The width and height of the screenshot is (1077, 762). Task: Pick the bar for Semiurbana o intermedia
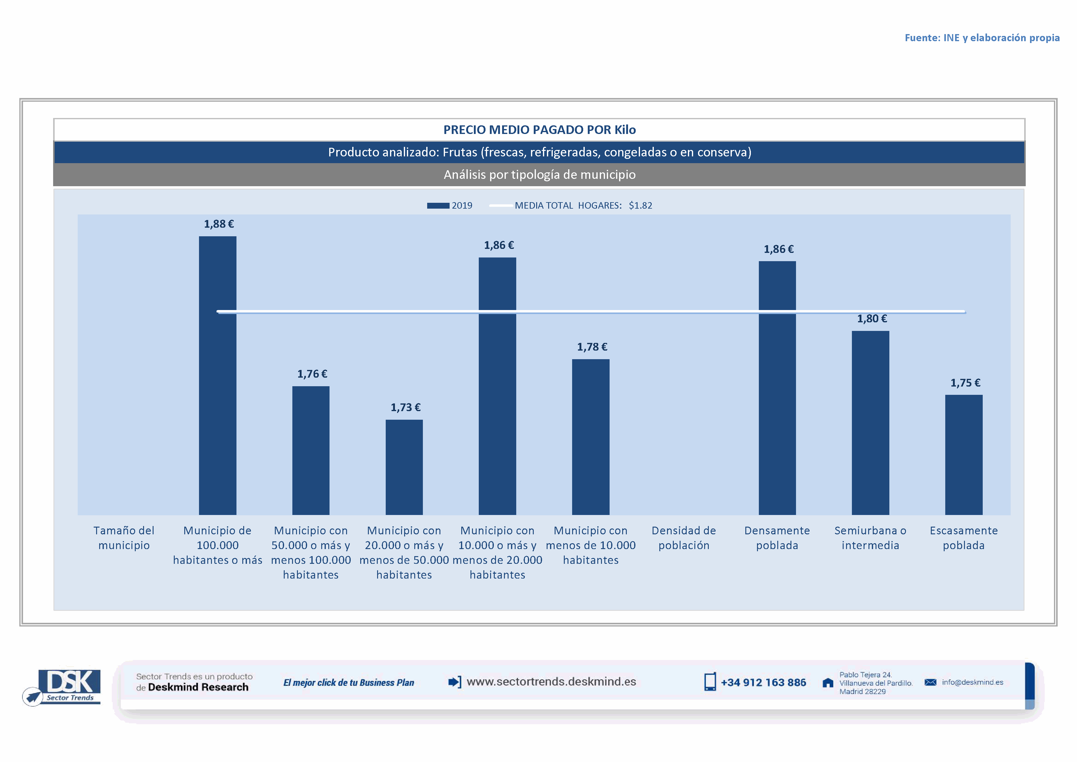[870, 422]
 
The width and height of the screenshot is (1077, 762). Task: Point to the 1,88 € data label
[219, 224]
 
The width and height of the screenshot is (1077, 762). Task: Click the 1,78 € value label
[592, 347]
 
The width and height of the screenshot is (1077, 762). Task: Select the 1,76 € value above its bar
[312, 374]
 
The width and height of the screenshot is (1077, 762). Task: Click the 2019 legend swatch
[438, 206]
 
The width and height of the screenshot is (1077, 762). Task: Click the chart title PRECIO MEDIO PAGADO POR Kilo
[540, 130]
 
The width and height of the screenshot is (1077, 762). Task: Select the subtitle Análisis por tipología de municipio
[540, 175]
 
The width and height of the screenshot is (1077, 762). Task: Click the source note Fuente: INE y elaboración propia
[982, 38]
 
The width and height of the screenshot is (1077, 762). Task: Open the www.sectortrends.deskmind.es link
[551, 682]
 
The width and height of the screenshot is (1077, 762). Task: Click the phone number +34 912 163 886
[763, 683]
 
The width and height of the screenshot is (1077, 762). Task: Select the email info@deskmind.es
[972, 682]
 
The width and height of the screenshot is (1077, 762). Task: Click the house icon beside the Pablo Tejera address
[828, 683]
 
